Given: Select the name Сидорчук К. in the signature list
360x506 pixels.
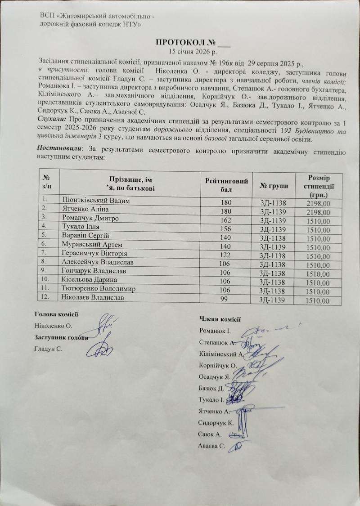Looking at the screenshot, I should click(x=216, y=423).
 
